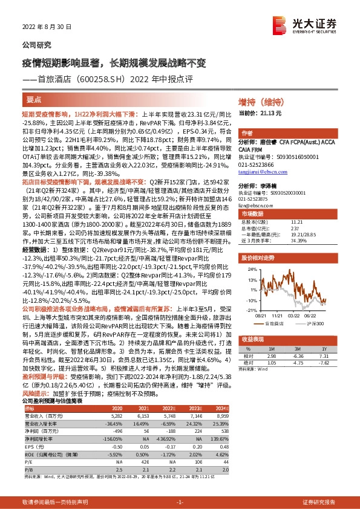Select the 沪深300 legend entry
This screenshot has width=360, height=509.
click(313, 323)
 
